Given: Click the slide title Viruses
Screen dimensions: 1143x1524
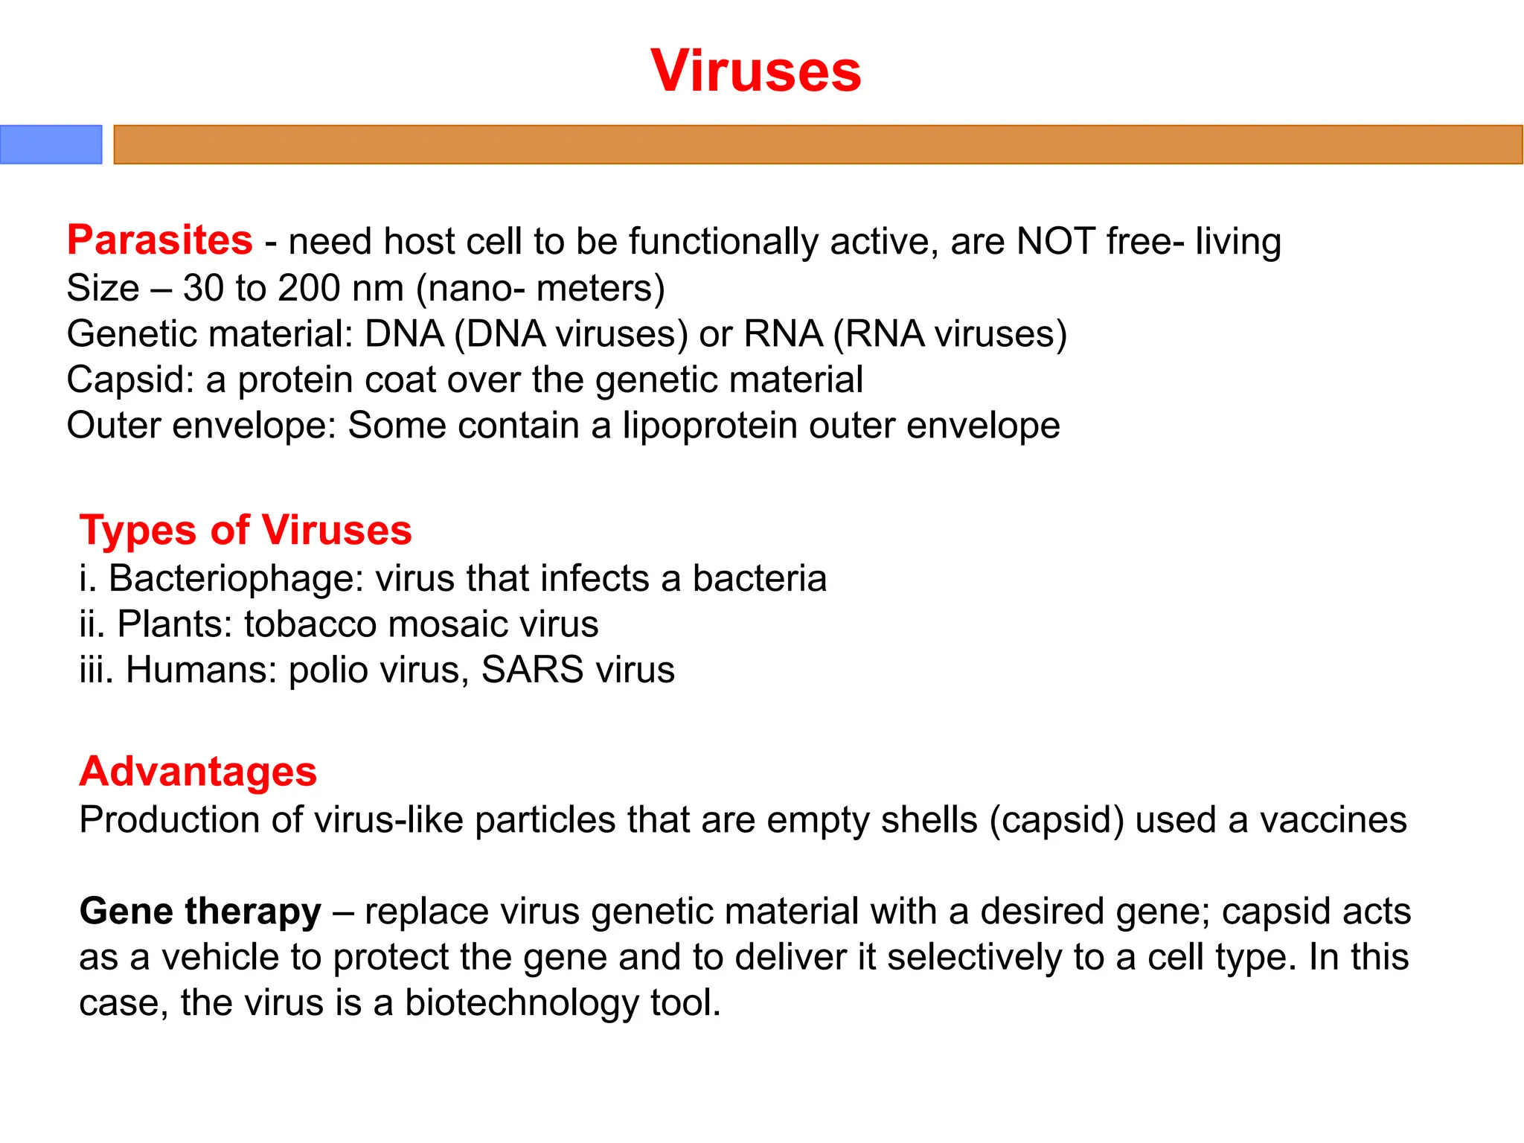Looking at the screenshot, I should [755, 71].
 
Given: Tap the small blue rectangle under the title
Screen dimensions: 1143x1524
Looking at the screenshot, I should [51, 144].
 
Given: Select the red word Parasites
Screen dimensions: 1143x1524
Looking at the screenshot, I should [160, 240].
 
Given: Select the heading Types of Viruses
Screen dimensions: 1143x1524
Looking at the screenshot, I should [246, 531].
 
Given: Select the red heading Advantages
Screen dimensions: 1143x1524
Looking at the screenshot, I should [198, 772].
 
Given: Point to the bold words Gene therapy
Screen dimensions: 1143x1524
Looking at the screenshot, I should [200, 912].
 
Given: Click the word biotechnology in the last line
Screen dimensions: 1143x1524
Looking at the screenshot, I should [521, 1003].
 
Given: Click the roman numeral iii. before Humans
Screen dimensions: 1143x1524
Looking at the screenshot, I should [96, 670].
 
